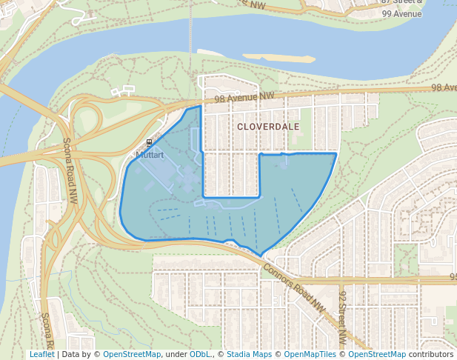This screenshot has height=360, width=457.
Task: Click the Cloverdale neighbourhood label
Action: (268, 127)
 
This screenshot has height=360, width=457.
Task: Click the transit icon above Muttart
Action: (149, 142)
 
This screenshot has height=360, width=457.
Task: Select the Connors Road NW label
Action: (293, 287)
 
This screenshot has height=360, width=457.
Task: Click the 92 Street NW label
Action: (343, 317)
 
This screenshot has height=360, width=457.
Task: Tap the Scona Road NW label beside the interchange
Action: (70, 171)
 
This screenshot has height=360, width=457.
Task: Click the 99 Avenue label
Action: (401, 13)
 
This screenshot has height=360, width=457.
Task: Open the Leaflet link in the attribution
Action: (41, 354)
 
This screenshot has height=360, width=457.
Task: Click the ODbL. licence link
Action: (200, 354)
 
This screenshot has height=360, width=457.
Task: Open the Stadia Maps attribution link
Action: (249, 354)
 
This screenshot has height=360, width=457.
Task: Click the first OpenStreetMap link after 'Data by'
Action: (131, 354)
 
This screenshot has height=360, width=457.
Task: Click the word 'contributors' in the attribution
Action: (431, 354)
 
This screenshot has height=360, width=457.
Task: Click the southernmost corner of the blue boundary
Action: (261, 256)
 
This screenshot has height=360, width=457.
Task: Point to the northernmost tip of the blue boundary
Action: (199, 107)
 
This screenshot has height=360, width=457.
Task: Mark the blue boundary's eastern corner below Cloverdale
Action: (336, 153)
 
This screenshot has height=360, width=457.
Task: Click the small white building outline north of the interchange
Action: (123, 92)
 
